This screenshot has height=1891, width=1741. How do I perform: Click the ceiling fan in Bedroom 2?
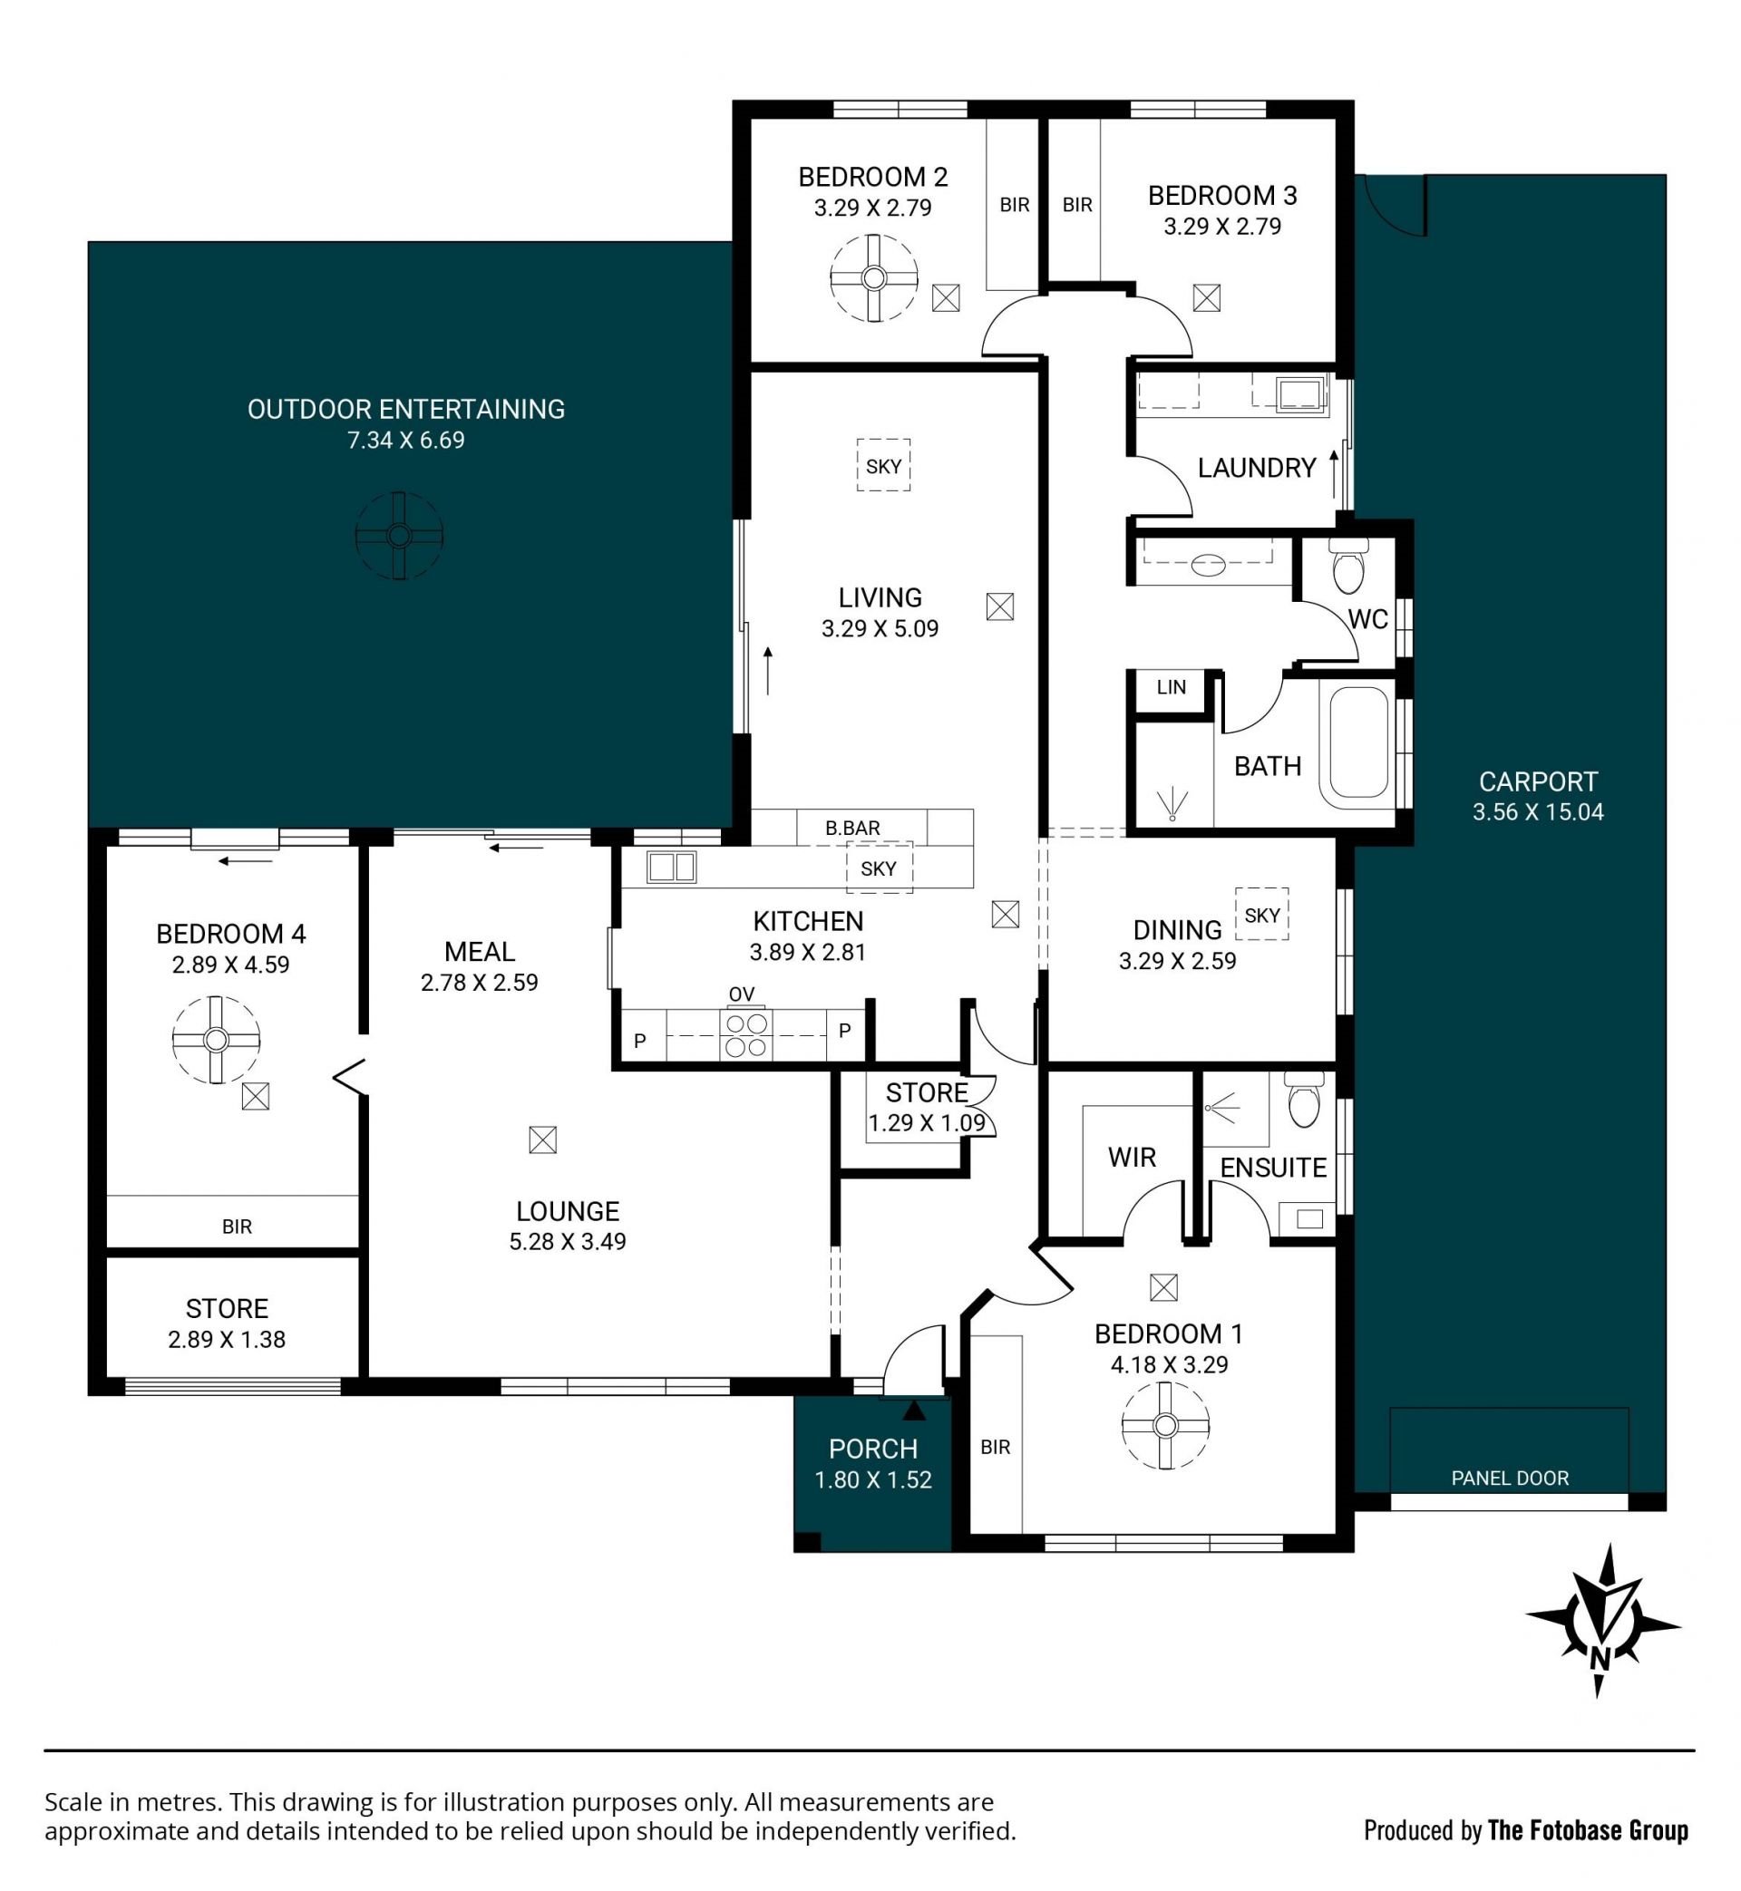pos(873,277)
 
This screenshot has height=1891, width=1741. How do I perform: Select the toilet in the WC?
pos(1348,565)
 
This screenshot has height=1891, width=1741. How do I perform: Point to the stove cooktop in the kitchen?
pos(745,1035)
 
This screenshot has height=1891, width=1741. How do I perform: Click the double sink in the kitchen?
pos(672,867)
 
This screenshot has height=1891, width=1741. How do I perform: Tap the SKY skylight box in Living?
pos(884,465)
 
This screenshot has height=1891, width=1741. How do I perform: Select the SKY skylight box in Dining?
pos(1261,915)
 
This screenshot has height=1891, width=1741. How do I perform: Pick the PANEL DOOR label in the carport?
pos(1509,1479)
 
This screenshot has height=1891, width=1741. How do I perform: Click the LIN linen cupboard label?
pos(1171,687)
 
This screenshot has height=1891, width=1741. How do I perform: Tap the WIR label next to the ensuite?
pos(1132,1158)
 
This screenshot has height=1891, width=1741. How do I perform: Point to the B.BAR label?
pos(852,828)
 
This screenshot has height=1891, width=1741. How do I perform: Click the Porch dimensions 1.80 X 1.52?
pos(873,1479)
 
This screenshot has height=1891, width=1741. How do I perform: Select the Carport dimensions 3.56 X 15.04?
pos(1538,811)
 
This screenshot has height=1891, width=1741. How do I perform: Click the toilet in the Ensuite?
pos(1305,1101)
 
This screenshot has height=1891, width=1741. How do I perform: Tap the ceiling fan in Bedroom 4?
pos(216,1040)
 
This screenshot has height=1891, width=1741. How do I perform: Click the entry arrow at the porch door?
pos(914,1409)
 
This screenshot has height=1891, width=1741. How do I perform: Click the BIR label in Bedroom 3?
pos(1077,204)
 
